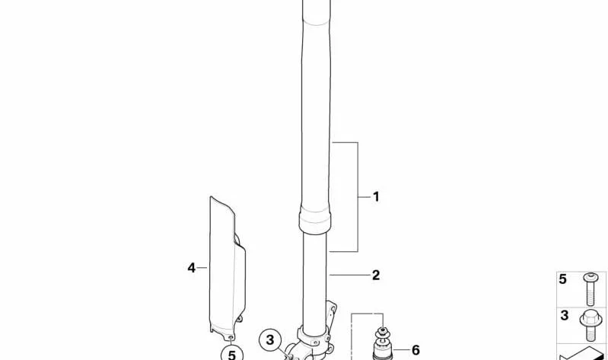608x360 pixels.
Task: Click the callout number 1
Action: click(x=376, y=196)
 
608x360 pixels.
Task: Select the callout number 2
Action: click(x=376, y=275)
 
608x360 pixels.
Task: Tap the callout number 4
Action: click(x=192, y=268)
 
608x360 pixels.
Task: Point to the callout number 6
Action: click(x=415, y=350)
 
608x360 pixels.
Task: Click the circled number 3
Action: click(x=270, y=340)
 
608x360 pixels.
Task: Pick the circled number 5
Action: click(x=231, y=355)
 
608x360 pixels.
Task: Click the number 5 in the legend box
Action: click(x=563, y=279)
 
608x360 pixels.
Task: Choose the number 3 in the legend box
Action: click(x=565, y=315)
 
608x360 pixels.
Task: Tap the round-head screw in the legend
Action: click(x=590, y=288)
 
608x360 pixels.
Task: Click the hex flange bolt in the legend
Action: click(x=590, y=326)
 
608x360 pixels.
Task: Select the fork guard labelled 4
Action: click(x=227, y=268)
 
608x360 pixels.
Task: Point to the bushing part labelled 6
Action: click(x=383, y=345)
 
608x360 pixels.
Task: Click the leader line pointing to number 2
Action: click(x=350, y=275)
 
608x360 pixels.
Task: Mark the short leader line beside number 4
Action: click(x=202, y=268)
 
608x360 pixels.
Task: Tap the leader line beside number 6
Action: click(x=401, y=350)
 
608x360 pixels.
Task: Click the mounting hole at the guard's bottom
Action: click(x=231, y=337)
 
